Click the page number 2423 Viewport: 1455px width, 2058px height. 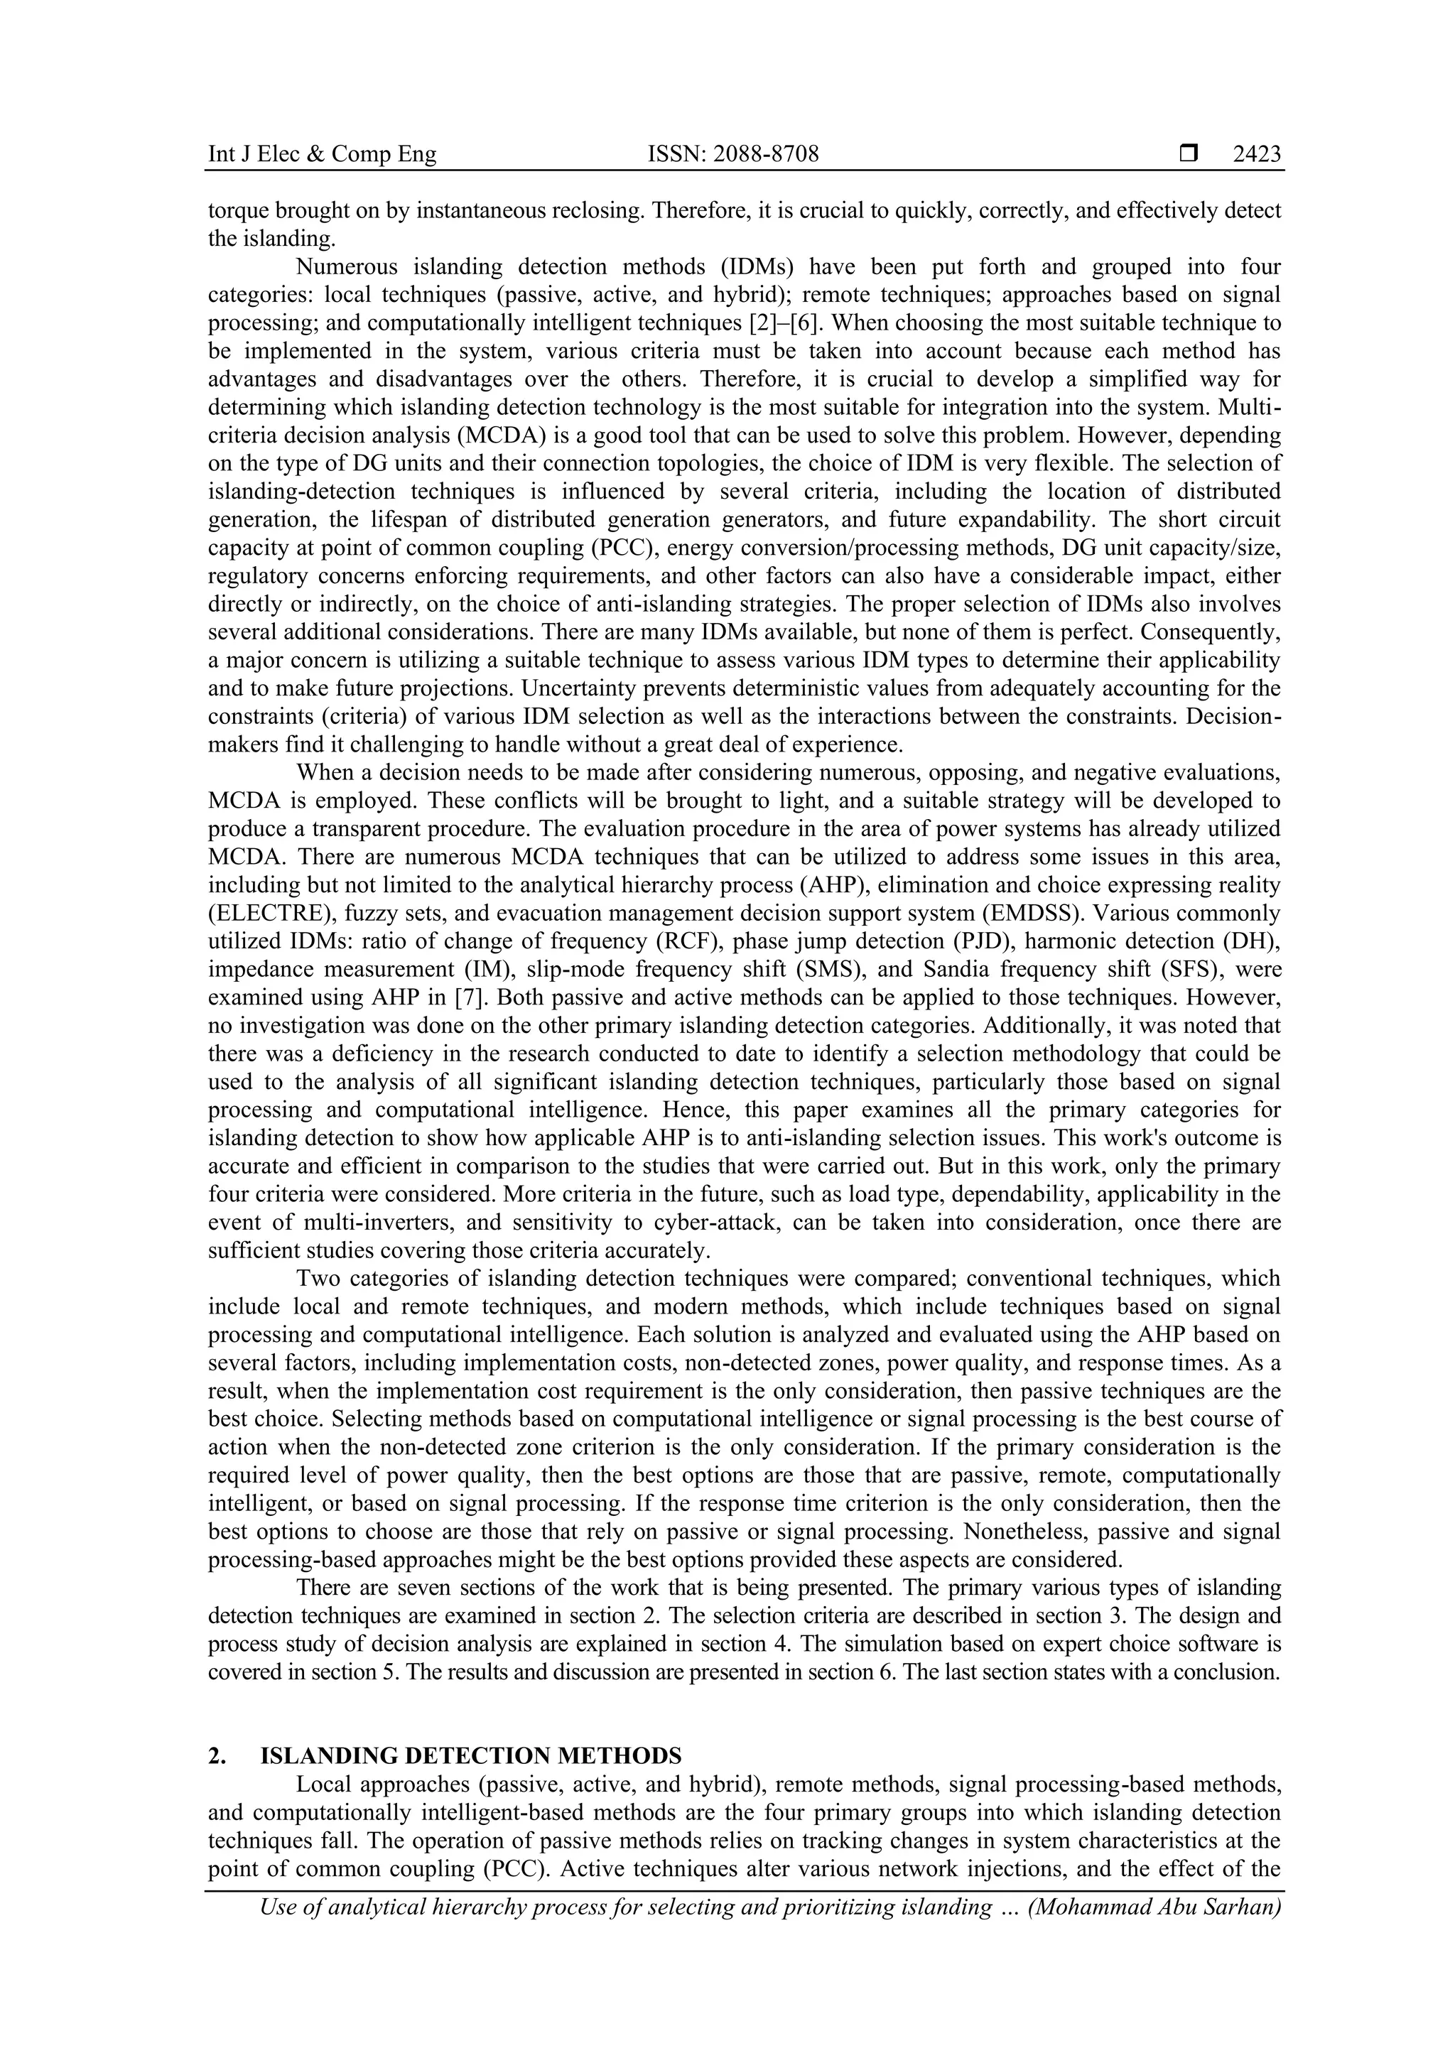click(x=1256, y=154)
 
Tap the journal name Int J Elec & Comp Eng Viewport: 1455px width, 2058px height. click(x=322, y=154)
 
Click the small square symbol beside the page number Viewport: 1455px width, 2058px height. click(x=1189, y=154)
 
